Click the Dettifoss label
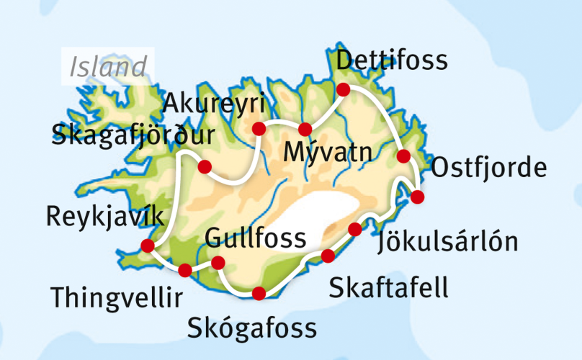point(392,60)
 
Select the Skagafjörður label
point(133,135)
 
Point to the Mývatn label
point(326,152)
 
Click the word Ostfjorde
point(488,169)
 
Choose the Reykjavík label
point(104,216)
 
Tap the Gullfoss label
point(255,237)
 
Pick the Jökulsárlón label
point(447,242)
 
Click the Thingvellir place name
point(116,297)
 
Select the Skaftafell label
point(388,288)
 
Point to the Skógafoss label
point(251,328)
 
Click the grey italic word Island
point(108,67)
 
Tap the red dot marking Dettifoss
point(344,89)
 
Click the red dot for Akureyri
point(258,129)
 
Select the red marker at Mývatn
point(305,130)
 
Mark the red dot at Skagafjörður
point(205,167)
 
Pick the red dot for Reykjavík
point(148,246)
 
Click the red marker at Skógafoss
point(259,292)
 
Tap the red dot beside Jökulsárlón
point(354,229)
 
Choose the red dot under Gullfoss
point(218,263)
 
